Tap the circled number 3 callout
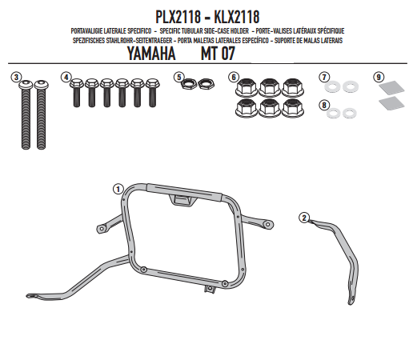pyautogui.click(x=15, y=78)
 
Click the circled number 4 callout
pyautogui.click(x=66, y=78)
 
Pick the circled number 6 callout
pyautogui.click(x=233, y=78)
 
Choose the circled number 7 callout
pyautogui.click(x=324, y=78)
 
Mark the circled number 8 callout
pyautogui.click(x=324, y=104)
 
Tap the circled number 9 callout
pyautogui.click(x=378, y=78)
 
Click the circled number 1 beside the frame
pyautogui.click(x=117, y=189)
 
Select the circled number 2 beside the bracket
pyautogui.click(x=304, y=216)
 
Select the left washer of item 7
pyautogui.click(x=335, y=86)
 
